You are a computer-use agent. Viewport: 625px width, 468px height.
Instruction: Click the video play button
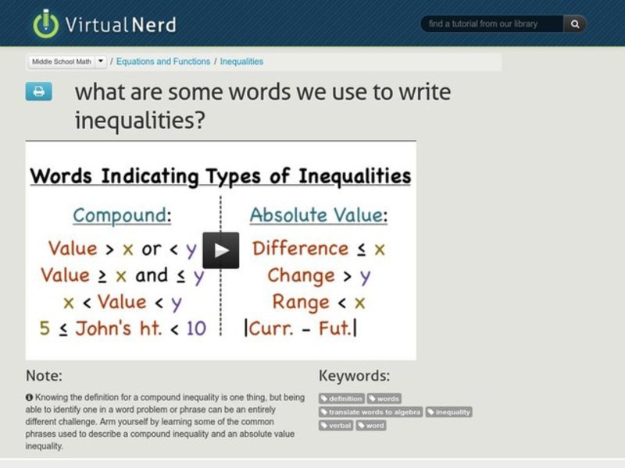[221, 250]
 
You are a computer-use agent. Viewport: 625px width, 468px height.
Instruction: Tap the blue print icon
[38, 91]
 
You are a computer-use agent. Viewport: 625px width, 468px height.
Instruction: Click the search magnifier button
[575, 24]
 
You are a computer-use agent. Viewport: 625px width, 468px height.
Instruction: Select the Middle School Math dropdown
[67, 61]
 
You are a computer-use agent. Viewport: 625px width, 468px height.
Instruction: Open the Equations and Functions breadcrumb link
[163, 61]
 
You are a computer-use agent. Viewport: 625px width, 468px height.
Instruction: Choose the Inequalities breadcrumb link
[241, 61]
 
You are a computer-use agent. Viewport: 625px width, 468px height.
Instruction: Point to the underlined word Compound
[119, 215]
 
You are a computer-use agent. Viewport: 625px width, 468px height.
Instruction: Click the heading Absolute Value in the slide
[316, 215]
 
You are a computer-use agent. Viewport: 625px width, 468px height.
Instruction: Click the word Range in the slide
[301, 302]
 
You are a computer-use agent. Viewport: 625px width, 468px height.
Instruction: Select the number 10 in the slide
[196, 328]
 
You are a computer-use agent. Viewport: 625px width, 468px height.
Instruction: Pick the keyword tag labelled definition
[341, 399]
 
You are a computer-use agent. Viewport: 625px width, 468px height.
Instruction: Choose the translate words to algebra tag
[371, 412]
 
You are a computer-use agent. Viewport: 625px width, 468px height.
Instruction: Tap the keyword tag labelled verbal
[336, 425]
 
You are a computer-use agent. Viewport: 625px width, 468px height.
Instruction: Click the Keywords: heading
[354, 375]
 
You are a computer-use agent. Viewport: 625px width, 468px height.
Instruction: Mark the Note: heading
[44, 375]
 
